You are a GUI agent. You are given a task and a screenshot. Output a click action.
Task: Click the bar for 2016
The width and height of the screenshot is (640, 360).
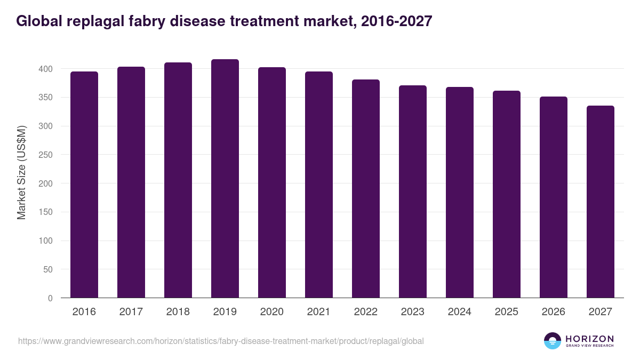coord(84,185)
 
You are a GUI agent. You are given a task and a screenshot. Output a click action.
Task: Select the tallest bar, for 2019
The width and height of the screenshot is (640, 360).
coord(225,179)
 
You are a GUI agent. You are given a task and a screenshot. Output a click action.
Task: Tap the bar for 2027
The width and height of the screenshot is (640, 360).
coord(601,202)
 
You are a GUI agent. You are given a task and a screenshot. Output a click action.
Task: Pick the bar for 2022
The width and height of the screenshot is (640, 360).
coord(366,189)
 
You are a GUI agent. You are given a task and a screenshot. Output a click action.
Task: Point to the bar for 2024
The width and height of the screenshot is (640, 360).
coord(460,193)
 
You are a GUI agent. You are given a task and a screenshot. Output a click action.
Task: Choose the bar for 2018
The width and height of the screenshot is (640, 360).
coord(178,180)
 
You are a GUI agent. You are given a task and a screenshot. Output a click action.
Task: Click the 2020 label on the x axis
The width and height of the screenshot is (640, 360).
coord(272,311)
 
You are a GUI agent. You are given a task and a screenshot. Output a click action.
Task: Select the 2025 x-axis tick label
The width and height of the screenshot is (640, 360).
coord(507,311)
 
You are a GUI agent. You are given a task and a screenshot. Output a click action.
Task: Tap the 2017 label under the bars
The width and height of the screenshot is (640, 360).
coord(131,311)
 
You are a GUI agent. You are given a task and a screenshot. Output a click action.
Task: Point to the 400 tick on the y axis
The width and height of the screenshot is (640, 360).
coord(45,69)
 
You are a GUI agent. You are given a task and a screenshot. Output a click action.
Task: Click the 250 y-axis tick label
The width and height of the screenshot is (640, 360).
coord(45,155)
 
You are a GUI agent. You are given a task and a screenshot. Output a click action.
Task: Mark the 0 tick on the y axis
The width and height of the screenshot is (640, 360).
coord(50,298)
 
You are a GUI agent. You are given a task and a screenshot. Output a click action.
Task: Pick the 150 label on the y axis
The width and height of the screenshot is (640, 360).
coord(45,212)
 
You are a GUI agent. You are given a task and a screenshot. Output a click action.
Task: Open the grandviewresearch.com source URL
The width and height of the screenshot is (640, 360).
coord(221,341)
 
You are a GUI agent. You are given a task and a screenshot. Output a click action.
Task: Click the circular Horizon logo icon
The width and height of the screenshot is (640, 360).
coord(553,341)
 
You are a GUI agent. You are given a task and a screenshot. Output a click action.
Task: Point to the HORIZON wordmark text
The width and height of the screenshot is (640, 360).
coord(590,339)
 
